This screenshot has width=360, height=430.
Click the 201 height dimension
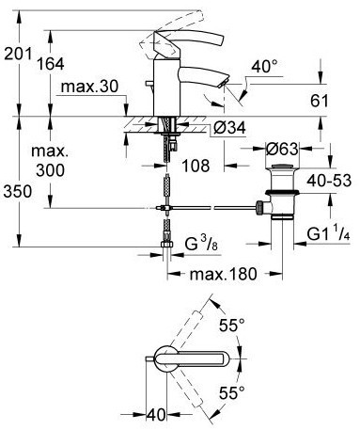(x=18, y=54)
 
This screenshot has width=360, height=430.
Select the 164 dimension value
(x=51, y=64)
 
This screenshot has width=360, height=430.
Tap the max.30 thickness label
(x=89, y=86)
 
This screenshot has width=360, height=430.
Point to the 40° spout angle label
(x=265, y=66)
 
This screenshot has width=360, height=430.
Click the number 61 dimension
(x=320, y=101)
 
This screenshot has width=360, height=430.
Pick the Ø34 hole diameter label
(x=229, y=128)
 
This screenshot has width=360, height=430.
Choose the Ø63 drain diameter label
(x=282, y=149)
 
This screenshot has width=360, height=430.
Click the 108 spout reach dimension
(x=196, y=166)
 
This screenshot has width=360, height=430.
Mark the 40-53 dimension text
(x=329, y=181)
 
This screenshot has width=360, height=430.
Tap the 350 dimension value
(x=18, y=191)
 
